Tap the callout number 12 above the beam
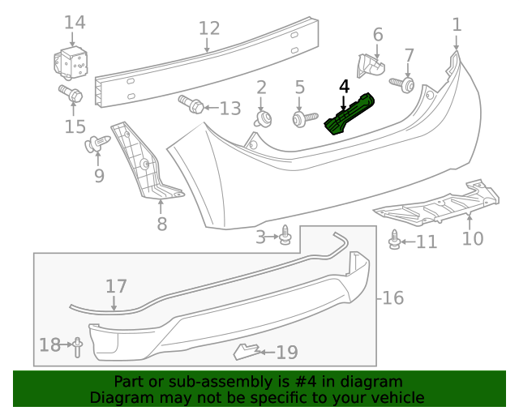point(209,29)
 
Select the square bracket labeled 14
point(73,61)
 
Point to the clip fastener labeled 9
point(97,145)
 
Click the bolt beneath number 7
point(403,83)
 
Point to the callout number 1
point(457,24)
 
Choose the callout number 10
point(472,238)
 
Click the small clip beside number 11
point(395,241)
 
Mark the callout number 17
point(116,286)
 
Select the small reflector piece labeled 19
point(246,351)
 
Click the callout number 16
point(392,297)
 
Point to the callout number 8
point(161,224)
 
